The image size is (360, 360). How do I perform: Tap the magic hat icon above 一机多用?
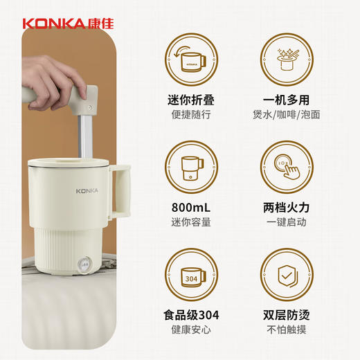pos(285,61)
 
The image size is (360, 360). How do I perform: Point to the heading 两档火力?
pos(285,208)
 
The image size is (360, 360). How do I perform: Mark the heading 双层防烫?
pos(285,316)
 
